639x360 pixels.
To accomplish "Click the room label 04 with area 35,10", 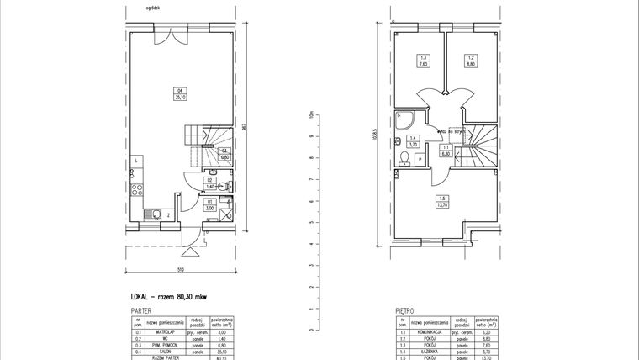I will pyautogui.click(x=179, y=94).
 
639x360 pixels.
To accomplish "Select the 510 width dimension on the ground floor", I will pyautogui.click(x=180, y=270).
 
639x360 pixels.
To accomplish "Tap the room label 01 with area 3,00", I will pyautogui.click(x=209, y=204).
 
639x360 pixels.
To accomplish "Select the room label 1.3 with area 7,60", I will pyautogui.click(x=424, y=61).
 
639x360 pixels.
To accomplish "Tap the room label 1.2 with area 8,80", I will pyautogui.click(x=472, y=61).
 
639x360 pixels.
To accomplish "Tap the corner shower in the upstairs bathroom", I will pyautogui.click(x=405, y=122).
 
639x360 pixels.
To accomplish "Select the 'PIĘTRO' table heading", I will pyautogui.click(x=406, y=310).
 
